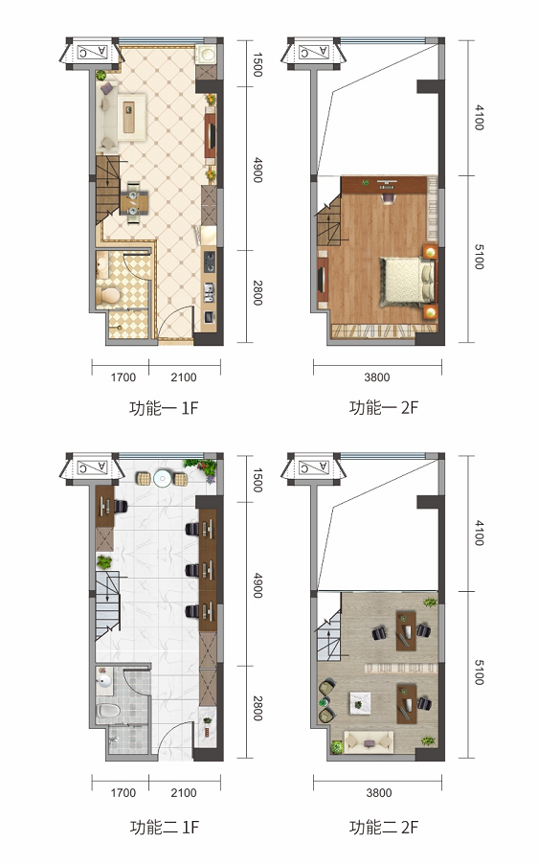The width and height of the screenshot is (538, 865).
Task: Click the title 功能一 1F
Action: pos(164,408)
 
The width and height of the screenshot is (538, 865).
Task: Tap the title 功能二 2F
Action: pos(384,828)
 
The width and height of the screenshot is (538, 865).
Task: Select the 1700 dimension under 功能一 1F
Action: pos(123,377)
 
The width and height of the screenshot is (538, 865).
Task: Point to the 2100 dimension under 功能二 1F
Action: pos(184,793)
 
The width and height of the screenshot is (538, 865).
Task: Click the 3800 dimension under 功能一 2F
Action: pos(377,377)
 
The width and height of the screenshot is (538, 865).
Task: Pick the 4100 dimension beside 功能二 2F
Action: pos(479,533)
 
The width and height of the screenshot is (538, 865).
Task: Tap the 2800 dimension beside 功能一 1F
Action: pos(258,292)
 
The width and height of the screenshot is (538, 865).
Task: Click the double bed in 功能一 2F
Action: pos(407,282)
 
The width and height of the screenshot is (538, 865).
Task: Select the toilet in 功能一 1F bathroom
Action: pos(107,295)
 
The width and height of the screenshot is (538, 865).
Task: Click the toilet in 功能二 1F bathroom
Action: pos(108,711)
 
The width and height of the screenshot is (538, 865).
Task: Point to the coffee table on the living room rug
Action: pos(129,117)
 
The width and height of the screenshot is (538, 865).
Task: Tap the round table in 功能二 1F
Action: pos(163,478)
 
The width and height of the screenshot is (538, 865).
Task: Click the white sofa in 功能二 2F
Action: pos(369,740)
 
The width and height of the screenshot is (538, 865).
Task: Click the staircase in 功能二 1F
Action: pos(107,605)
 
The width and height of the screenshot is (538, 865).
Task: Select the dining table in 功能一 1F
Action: pos(134,202)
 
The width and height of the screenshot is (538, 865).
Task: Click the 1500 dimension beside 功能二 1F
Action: pos(258,480)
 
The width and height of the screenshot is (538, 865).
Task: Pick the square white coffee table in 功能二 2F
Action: pos(360,703)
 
